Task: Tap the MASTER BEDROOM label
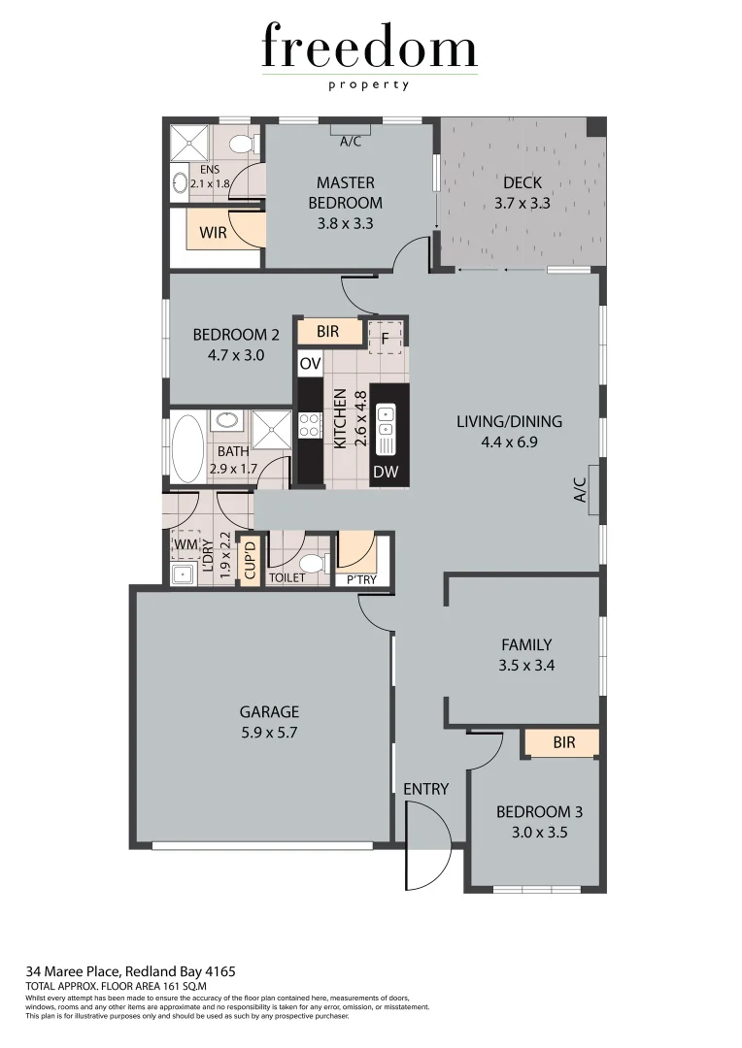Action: [345, 192]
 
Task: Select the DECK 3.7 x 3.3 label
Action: [522, 193]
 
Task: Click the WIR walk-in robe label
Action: [214, 233]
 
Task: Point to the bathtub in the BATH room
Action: [187, 448]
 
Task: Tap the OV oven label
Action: [310, 364]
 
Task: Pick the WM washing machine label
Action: [185, 545]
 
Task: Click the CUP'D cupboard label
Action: [250, 561]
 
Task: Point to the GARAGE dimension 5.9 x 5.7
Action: [264, 734]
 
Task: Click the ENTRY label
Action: [425, 789]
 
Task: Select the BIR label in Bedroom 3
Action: [563, 743]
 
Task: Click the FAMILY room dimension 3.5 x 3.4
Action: [526, 666]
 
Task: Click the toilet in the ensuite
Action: [243, 145]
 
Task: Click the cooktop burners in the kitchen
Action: [310, 424]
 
